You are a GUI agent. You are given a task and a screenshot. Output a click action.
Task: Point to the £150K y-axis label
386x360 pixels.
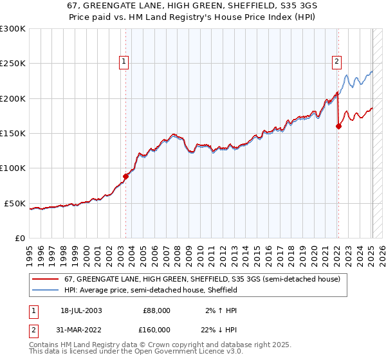tap(13, 134)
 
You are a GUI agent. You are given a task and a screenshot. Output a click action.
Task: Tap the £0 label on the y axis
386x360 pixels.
tap(19, 238)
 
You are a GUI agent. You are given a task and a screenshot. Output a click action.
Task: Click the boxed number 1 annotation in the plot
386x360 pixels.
tap(125, 62)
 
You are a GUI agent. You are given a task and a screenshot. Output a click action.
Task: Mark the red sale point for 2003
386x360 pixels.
tap(126, 177)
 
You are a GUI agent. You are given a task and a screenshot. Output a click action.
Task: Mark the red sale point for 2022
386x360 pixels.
tap(338, 127)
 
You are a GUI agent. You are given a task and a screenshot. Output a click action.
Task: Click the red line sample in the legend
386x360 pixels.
tap(46, 279)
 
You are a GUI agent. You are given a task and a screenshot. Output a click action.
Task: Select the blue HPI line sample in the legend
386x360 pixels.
tap(46, 290)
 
